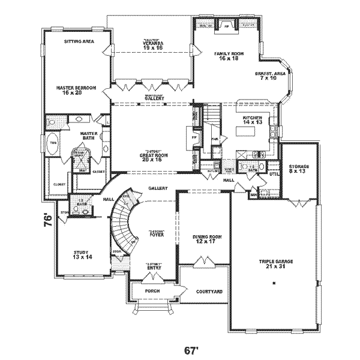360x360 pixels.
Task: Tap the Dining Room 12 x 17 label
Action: (x=208, y=240)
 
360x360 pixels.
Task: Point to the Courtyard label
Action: (x=209, y=291)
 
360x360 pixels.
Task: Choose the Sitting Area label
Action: (x=77, y=42)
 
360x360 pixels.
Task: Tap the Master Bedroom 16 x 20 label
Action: (x=76, y=91)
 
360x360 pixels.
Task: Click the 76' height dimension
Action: (x=49, y=219)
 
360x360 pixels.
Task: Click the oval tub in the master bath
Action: (x=52, y=148)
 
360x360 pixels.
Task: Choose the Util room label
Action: (x=274, y=174)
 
